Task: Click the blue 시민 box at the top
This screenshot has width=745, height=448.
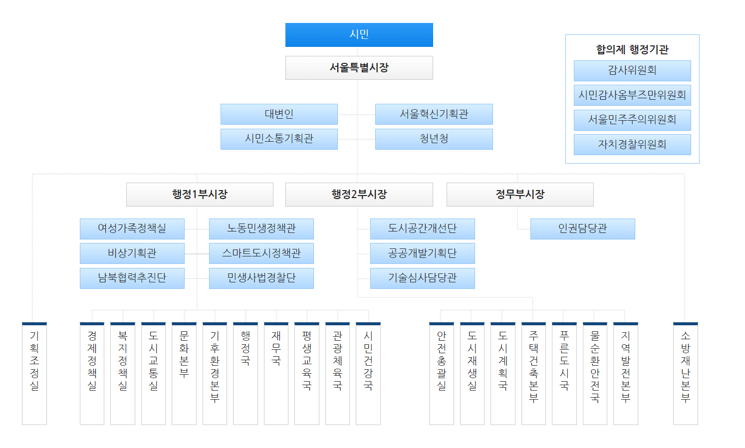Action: click(x=359, y=34)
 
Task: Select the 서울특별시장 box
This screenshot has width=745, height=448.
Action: click(x=359, y=68)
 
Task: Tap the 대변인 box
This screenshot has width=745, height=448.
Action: click(x=279, y=114)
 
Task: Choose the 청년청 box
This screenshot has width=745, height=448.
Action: click(x=434, y=139)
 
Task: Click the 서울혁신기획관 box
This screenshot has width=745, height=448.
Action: click(x=434, y=114)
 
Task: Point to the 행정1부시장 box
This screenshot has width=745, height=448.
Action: click(x=200, y=195)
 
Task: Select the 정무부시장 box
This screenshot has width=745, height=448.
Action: click(x=519, y=195)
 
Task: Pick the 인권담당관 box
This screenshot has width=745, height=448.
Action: click(x=582, y=229)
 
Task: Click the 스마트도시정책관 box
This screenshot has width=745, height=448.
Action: click(x=261, y=253)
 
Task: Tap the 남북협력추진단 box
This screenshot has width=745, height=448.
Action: click(x=132, y=278)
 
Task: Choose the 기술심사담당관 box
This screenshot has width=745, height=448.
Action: click(x=422, y=278)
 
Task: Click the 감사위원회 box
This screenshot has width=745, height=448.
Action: click(x=632, y=71)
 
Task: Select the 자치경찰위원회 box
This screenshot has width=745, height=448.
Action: click(x=632, y=145)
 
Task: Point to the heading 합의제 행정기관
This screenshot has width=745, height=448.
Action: click(x=632, y=49)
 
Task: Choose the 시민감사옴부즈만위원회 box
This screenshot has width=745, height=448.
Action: click(x=632, y=95)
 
